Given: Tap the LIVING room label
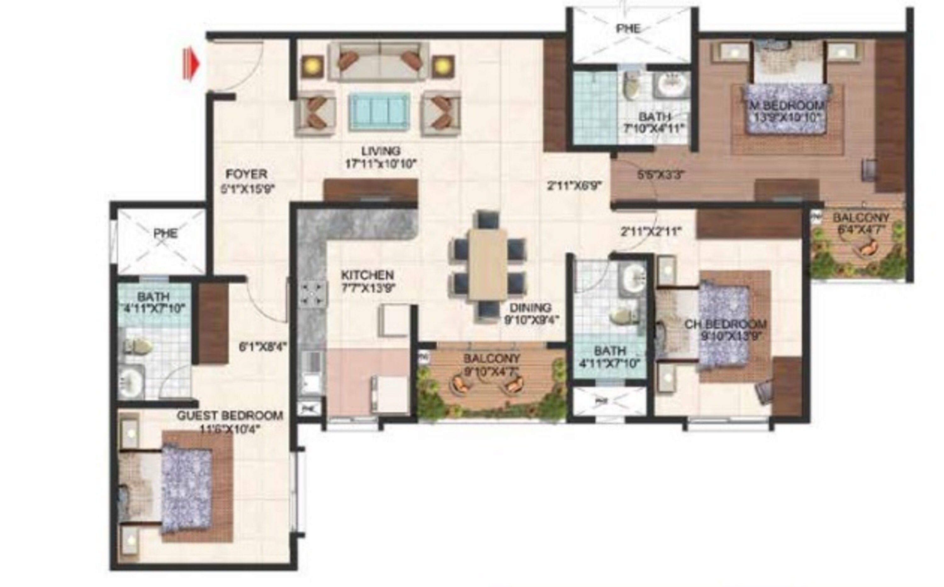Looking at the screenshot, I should (x=380, y=151).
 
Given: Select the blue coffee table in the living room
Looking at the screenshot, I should (x=379, y=112).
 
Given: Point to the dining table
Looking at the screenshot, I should (x=487, y=264).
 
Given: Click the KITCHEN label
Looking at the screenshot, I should (x=367, y=275).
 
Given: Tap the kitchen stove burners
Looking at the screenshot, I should (x=313, y=294).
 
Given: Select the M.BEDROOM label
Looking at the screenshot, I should (x=784, y=106).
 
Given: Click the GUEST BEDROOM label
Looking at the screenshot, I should (x=230, y=416).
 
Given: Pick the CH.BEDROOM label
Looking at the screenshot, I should (x=725, y=324).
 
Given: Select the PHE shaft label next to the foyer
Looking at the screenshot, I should (x=166, y=233).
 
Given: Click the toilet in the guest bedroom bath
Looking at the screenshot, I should (x=138, y=346).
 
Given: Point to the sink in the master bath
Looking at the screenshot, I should (x=671, y=84).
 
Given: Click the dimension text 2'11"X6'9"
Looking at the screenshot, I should (x=574, y=187).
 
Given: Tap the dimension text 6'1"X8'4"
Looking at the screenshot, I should (x=263, y=347).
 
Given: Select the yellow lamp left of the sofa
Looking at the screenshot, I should (x=312, y=66).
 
